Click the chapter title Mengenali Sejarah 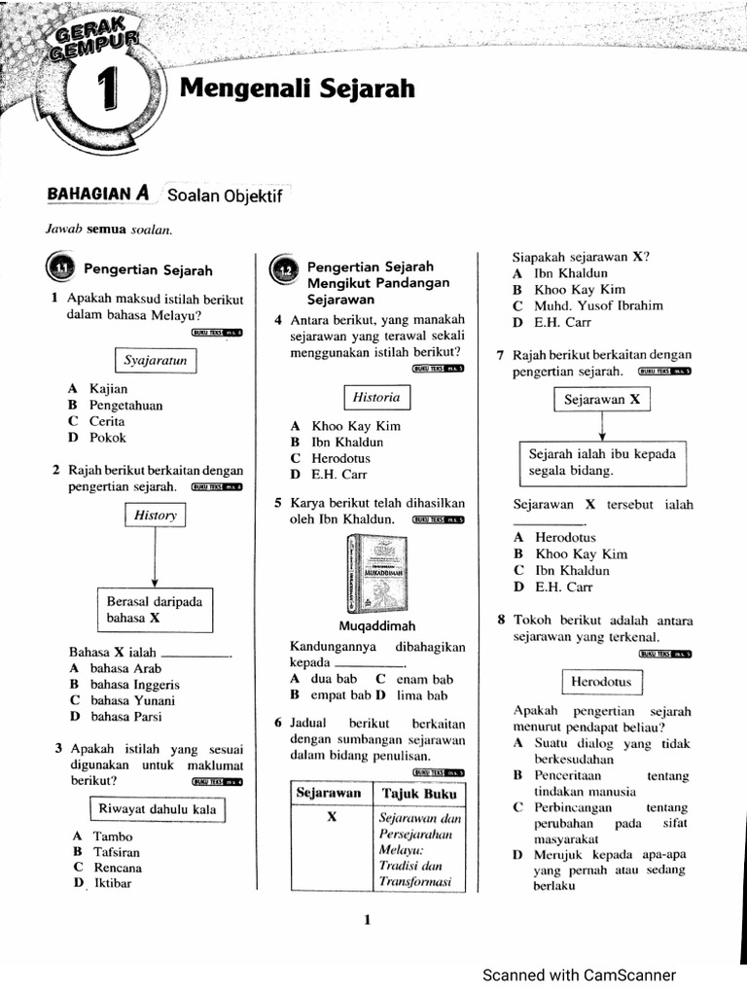(x=298, y=89)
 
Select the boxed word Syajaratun (x=156, y=361)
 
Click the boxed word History (x=155, y=516)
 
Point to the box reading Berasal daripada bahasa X (x=154, y=610)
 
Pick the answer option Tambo (x=113, y=836)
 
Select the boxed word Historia (x=376, y=397)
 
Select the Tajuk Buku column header (x=419, y=793)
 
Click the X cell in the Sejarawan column (x=331, y=818)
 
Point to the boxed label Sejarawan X (x=602, y=400)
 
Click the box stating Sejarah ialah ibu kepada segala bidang (x=601, y=463)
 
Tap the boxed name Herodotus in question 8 (x=601, y=682)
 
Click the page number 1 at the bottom (x=367, y=920)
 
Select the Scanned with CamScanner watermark (x=579, y=975)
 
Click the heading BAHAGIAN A (x=97, y=194)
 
